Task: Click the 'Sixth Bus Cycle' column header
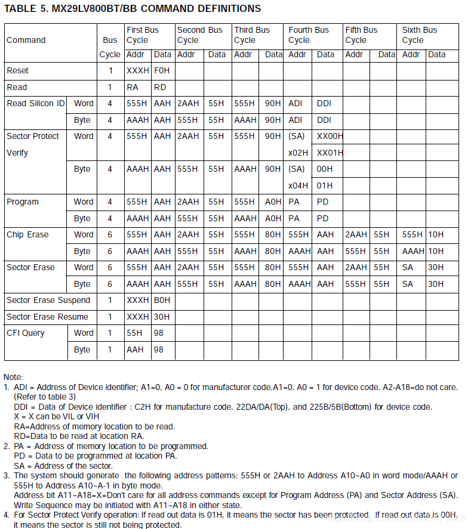click(x=419, y=35)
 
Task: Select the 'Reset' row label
click(x=18, y=70)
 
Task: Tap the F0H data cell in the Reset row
click(x=162, y=70)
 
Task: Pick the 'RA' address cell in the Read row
click(x=133, y=87)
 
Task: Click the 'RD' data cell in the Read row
click(x=160, y=87)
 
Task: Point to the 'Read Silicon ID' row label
click(x=36, y=103)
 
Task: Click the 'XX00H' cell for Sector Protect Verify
click(x=330, y=136)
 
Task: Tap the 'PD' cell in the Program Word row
click(x=323, y=202)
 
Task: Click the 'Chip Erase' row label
click(x=27, y=234)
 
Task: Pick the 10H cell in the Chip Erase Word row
click(x=436, y=234)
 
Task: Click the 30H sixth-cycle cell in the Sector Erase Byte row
click(x=436, y=284)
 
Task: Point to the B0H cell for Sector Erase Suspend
click(x=162, y=300)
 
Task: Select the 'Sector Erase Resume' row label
click(x=47, y=317)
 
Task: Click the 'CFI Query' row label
click(x=26, y=333)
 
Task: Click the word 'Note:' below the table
click(x=14, y=377)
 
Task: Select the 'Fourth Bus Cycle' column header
click(x=309, y=35)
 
